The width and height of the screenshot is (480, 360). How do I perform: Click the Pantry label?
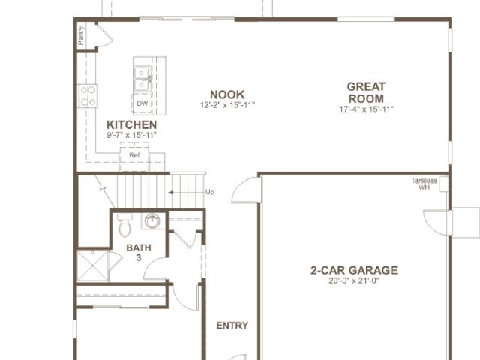pyautogui.click(x=81, y=35)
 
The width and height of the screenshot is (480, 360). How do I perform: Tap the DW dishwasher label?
pyautogui.click(x=142, y=103)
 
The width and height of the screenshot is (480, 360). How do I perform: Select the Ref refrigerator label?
pyautogui.click(x=134, y=155)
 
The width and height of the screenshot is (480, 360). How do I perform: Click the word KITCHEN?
pyautogui.click(x=132, y=125)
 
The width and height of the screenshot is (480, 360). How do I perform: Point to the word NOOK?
pyautogui.click(x=227, y=94)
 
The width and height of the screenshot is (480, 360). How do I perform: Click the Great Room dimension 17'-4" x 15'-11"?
pyautogui.click(x=366, y=109)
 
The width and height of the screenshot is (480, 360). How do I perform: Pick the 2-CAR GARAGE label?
pyautogui.click(x=354, y=270)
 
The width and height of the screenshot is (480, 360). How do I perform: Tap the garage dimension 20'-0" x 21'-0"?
pyautogui.click(x=354, y=280)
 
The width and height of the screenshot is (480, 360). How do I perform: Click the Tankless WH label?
pyautogui.click(x=424, y=184)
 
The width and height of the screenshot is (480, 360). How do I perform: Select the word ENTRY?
pyautogui.click(x=232, y=325)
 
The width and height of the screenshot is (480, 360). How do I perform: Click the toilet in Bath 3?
pyautogui.click(x=125, y=225)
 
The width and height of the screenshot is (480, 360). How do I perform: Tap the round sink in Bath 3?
pyautogui.click(x=152, y=221)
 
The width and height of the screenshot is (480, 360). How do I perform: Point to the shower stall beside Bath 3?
pyautogui.click(x=93, y=265)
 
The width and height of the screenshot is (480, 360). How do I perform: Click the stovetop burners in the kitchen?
pyautogui.click(x=88, y=96)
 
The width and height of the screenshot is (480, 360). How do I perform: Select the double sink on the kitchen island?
pyautogui.click(x=142, y=79)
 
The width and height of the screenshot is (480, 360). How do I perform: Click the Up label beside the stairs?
pyautogui.click(x=210, y=192)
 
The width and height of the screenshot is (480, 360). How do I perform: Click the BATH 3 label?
pyautogui.click(x=139, y=253)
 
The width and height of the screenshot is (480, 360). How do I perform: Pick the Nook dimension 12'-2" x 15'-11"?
pyautogui.click(x=227, y=105)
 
